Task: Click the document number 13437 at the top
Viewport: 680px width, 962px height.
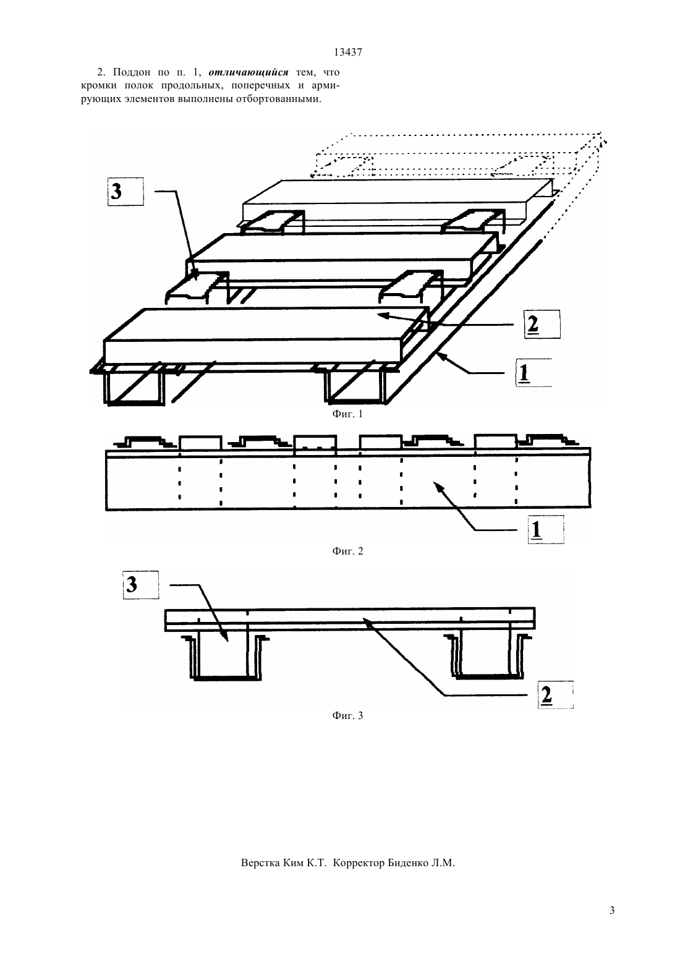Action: pos(347,52)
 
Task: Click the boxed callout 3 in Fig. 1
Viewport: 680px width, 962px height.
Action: pos(125,192)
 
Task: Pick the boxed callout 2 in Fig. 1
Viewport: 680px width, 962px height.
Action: pos(542,324)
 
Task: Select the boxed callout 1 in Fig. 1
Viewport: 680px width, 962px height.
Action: pos(533,373)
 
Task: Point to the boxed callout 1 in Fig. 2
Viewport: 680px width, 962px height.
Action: pos(546,529)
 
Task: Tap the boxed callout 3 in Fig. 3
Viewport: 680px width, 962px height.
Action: pos(140,584)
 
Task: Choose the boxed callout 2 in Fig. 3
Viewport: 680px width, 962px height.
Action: pos(556,694)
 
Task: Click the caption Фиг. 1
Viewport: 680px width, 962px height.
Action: pos(347,414)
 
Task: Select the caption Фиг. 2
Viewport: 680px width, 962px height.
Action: pos(347,551)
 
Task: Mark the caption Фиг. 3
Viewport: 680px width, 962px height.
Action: pos(347,715)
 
